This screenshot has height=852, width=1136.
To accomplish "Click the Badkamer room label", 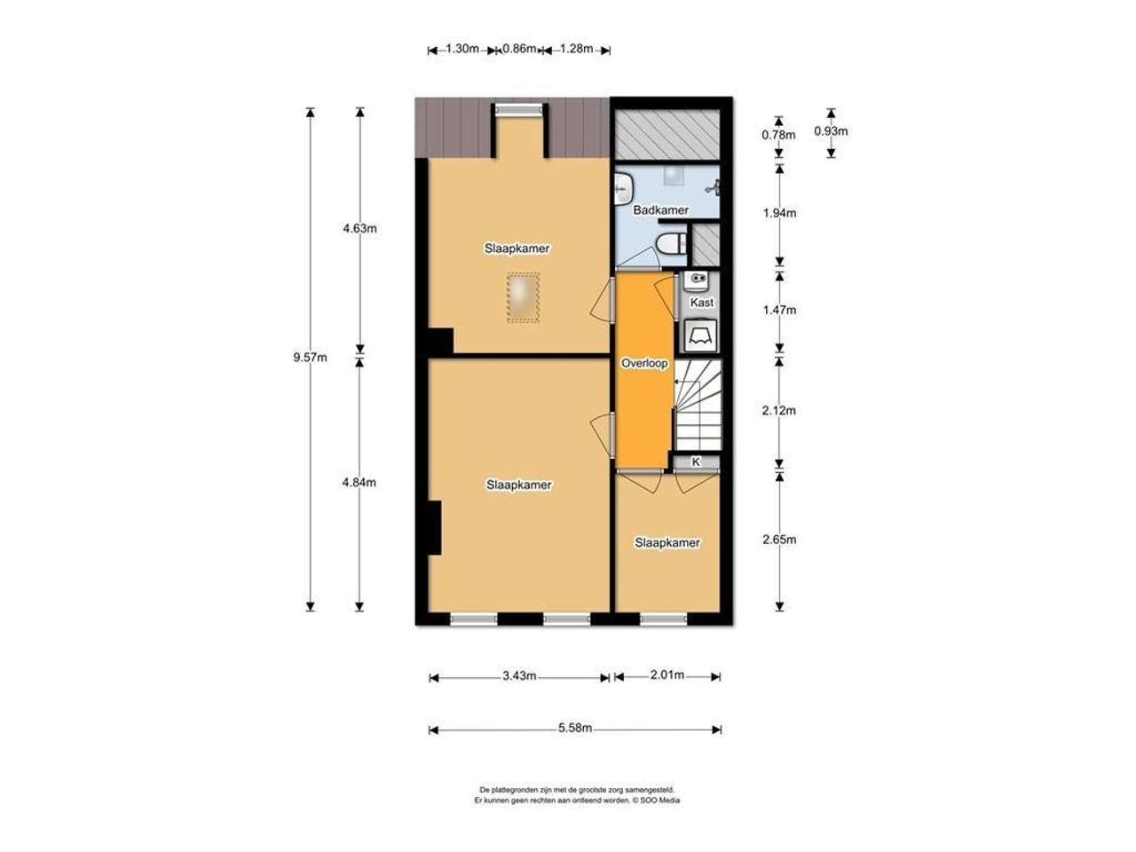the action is pos(660,210).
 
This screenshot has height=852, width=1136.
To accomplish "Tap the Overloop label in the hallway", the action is pos(644,363).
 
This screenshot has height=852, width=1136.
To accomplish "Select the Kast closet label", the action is pos(702,302).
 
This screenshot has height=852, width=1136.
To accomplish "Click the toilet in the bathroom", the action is pos(671,243).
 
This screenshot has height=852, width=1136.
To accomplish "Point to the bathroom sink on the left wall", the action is pos(623,189).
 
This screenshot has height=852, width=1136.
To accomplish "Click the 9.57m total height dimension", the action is pos(310,357).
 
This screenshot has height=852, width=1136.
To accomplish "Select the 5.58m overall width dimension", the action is pos(575,729).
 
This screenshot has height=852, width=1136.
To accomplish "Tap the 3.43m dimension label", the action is pos(519,675).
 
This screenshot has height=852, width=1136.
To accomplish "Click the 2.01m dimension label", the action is pos(667,674).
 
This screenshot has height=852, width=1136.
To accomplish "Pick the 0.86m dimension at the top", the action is pos(519,49).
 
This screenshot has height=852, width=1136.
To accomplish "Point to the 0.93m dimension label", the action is pos(831,131).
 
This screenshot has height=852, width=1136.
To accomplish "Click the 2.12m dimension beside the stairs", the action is pos(779,411).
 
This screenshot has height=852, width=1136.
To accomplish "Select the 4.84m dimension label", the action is pos(359,483).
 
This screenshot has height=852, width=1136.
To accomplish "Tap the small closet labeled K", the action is pos(696,462).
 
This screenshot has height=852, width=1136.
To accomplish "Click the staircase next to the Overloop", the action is pos(698,405).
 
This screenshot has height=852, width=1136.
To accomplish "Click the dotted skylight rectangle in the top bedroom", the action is pos(523,298).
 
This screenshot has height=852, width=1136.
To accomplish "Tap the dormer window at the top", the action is pos(519,109).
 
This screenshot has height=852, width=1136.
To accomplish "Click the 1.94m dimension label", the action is pos(779,213).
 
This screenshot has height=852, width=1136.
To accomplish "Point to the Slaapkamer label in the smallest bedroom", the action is pos(667,542).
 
